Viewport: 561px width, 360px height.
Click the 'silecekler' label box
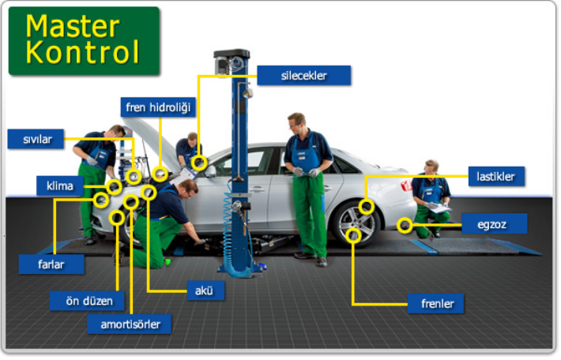point(303,76)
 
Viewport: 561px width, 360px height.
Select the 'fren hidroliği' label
point(158,107)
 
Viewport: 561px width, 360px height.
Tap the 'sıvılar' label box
point(36,139)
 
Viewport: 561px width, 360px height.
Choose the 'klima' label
point(60,186)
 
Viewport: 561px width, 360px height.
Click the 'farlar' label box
point(51,264)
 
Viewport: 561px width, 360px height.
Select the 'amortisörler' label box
point(129,324)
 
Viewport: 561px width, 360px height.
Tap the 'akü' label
point(205,291)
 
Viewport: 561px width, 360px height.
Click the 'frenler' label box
point(436,303)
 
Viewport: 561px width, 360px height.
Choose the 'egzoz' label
point(495,223)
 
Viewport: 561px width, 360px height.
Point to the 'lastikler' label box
point(496,176)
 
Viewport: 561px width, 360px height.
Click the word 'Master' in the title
point(73,26)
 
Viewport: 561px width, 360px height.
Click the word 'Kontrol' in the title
point(82,52)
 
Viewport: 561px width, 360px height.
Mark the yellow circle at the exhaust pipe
point(405,226)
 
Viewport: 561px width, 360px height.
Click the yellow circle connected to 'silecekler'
point(199,163)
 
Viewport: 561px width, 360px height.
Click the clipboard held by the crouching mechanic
point(439,208)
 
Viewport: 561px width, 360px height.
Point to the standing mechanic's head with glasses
point(297,122)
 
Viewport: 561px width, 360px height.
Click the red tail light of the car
point(406,186)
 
